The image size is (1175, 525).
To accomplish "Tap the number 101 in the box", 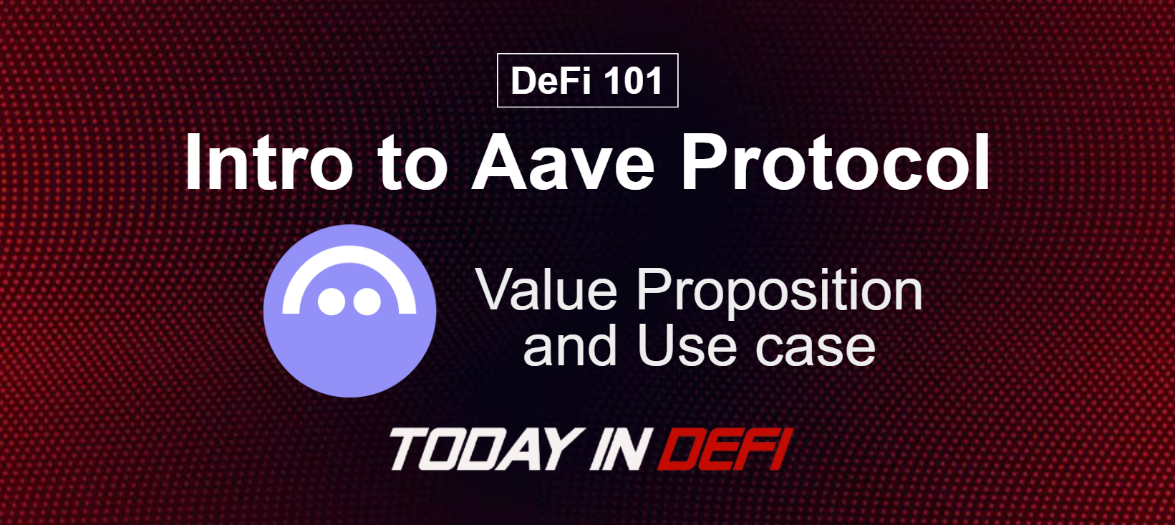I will point(633,80).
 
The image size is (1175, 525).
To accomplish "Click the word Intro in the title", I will point(269,163).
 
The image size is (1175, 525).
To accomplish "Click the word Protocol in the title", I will point(836,163).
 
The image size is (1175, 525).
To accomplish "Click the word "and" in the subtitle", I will point(569,347).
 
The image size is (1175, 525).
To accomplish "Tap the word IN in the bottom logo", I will point(617,449).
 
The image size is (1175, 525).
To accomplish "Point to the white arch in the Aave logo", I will point(349,255).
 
